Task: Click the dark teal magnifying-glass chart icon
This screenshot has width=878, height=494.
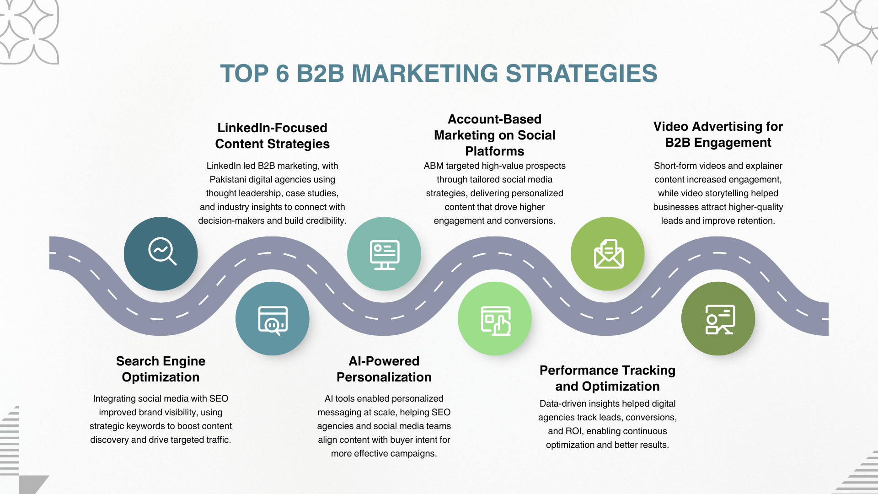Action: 161,253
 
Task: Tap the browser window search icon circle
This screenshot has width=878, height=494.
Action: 273,318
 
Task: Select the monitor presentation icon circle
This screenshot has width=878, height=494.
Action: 384,253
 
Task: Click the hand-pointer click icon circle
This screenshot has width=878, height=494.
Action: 495,318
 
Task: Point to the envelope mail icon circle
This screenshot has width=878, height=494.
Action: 608,253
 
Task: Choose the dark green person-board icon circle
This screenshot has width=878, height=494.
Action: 718,318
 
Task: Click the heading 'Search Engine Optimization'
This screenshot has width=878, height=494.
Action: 161,369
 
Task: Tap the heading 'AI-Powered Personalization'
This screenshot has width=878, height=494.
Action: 384,369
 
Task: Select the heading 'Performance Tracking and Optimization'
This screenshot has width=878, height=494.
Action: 607,378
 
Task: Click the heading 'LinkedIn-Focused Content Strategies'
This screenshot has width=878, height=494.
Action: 273,136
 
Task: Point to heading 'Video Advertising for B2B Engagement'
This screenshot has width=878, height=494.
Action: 718,134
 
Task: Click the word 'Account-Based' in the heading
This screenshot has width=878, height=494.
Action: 494,119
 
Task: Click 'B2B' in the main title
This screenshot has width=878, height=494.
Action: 320,74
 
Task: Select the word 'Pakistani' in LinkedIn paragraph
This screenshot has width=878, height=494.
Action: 228,179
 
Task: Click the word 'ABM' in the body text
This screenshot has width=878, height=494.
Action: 434,166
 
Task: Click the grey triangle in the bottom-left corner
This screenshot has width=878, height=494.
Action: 33,484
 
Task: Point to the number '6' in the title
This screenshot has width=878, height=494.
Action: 283,74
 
